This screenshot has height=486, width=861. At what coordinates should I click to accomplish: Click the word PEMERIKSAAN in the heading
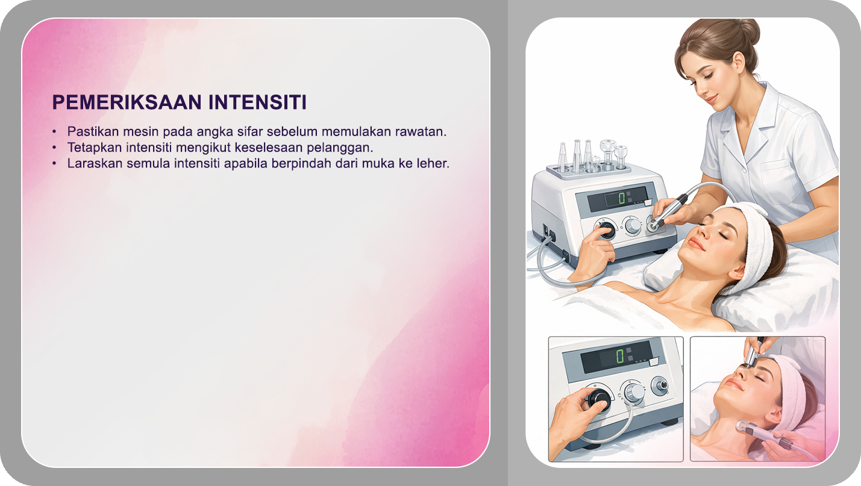127,102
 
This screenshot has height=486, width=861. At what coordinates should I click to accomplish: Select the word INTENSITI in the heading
257,102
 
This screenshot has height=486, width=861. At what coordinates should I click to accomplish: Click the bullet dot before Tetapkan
55,148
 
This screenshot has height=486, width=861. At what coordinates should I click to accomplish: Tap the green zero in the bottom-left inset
619,356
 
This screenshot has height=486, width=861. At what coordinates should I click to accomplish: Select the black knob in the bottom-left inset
599,398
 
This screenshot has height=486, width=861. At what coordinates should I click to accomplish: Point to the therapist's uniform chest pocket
778,175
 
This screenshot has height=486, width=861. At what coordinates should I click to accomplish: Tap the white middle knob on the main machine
633,226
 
